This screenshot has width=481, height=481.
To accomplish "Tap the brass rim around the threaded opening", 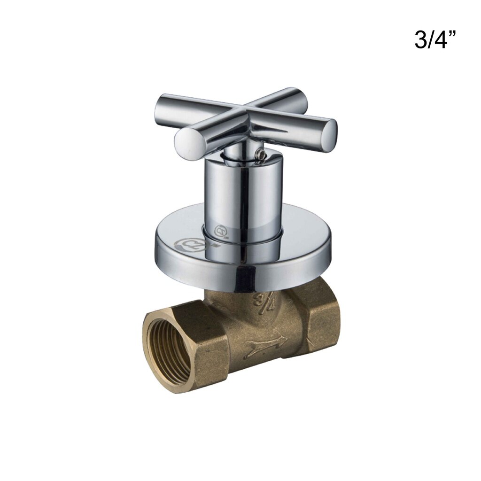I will [150, 324].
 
